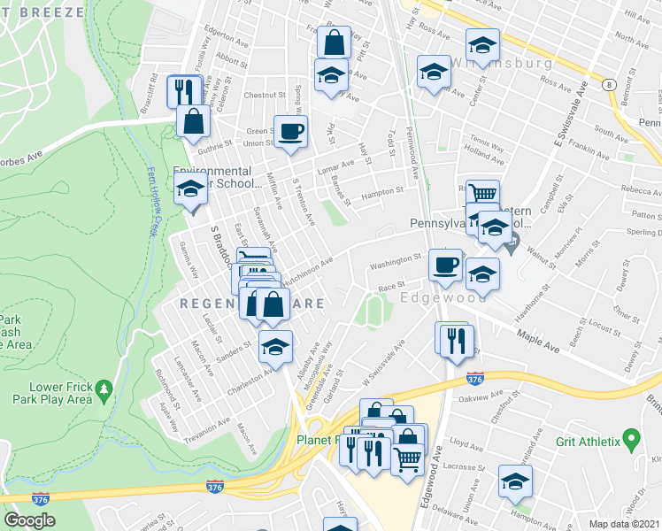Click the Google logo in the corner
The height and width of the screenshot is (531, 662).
29,520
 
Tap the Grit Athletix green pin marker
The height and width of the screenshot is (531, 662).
631,437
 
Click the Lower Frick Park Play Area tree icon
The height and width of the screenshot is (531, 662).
104,389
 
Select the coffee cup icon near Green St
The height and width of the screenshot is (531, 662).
291,133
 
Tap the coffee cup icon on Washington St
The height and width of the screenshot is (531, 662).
445,265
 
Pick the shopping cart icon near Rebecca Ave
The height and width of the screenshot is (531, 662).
482,194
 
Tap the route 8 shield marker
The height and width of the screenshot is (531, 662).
609,85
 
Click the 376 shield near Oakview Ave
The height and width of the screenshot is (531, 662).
474,379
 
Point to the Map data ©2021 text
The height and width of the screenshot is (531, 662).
624,524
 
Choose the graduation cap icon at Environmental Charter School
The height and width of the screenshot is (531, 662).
190,189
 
